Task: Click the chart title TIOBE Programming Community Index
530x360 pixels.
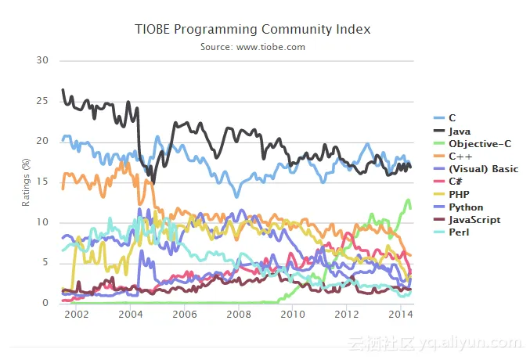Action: click(252, 29)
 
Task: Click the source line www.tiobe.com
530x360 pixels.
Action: click(252, 47)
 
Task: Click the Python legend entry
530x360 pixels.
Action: click(465, 207)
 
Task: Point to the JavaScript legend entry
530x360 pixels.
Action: click(474, 220)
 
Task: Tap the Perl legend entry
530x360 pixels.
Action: click(459, 232)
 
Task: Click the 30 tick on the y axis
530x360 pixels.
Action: click(43, 60)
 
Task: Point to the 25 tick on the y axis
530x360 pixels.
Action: click(43, 101)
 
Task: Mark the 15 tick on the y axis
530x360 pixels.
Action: click(43, 182)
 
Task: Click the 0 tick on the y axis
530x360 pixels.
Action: click(45, 303)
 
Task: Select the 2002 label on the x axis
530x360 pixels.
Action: click(75, 314)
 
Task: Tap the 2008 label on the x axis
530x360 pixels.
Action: click(238, 314)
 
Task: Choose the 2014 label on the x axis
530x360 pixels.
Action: click(401, 314)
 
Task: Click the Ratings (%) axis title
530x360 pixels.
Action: click(25, 182)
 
